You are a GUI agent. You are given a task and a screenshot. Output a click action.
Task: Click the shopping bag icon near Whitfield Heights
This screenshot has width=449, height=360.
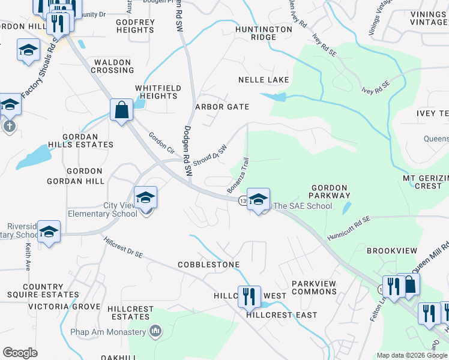pos(121,110)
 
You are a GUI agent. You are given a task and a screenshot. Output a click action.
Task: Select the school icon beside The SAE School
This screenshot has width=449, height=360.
pos(258,200)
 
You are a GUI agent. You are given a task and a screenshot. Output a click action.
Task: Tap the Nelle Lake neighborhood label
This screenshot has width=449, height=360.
pos(264,80)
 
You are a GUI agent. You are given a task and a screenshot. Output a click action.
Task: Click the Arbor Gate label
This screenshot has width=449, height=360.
pos(222,107)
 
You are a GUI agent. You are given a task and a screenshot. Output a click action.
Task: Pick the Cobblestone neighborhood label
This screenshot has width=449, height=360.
pos(208,265)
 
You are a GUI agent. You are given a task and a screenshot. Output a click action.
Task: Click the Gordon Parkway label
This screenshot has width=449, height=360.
pos(330,191)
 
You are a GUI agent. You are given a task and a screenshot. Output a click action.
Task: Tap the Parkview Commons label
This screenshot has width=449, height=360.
pos(314,287)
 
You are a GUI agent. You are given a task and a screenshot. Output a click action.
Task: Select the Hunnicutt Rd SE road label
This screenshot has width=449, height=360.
pos(349,229)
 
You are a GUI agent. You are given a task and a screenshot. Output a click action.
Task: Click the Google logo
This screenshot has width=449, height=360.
pos(20,353)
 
